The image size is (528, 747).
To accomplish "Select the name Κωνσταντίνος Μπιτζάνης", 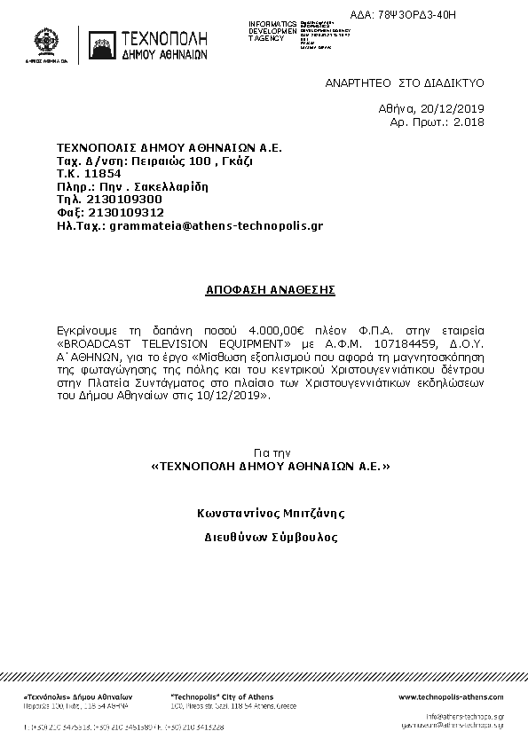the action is (270, 513).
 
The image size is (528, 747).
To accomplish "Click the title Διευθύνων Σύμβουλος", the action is (271, 537).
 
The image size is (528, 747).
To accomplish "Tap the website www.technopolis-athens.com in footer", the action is (451, 697).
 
